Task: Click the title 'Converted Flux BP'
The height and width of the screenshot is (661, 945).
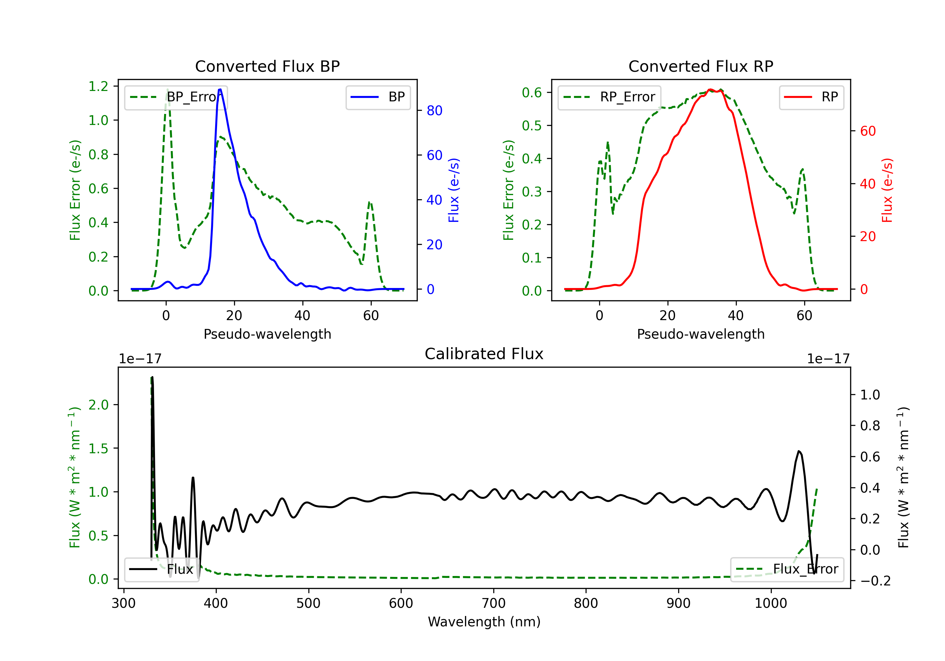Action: [x=267, y=66]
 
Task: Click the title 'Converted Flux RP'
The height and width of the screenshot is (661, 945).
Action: [x=701, y=66]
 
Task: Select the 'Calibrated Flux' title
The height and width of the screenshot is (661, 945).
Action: [x=484, y=354]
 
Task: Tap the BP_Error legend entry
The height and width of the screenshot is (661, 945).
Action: [x=176, y=97]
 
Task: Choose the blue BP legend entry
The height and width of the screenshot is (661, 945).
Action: [x=378, y=97]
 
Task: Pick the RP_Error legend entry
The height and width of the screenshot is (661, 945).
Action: [x=609, y=97]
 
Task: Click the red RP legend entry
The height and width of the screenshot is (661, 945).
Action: [x=811, y=97]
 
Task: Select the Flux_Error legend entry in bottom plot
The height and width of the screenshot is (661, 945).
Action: [x=787, y=569]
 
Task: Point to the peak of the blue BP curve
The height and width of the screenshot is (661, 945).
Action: [x=220, y=89]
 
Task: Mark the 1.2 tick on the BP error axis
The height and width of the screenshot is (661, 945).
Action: [x=98, y=86]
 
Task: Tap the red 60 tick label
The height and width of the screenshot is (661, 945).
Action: [x=868, y=131]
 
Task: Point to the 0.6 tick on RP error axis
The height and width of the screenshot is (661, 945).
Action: [x=532, y=93]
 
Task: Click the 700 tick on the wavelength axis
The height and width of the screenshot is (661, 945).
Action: [x=494, y=603]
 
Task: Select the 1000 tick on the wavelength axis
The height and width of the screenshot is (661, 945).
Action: [x=771, y=603]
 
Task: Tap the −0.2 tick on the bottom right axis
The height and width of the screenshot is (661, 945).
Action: [x=875, y=581]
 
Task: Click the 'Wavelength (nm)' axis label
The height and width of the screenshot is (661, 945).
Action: [x=484, y=622]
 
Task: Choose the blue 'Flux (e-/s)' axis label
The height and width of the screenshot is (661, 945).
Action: [x=454, y=190]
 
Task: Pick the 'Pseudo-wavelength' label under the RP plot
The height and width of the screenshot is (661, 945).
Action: [x=701, y=334]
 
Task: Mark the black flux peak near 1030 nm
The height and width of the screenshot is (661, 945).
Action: [x=799, y=451]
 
